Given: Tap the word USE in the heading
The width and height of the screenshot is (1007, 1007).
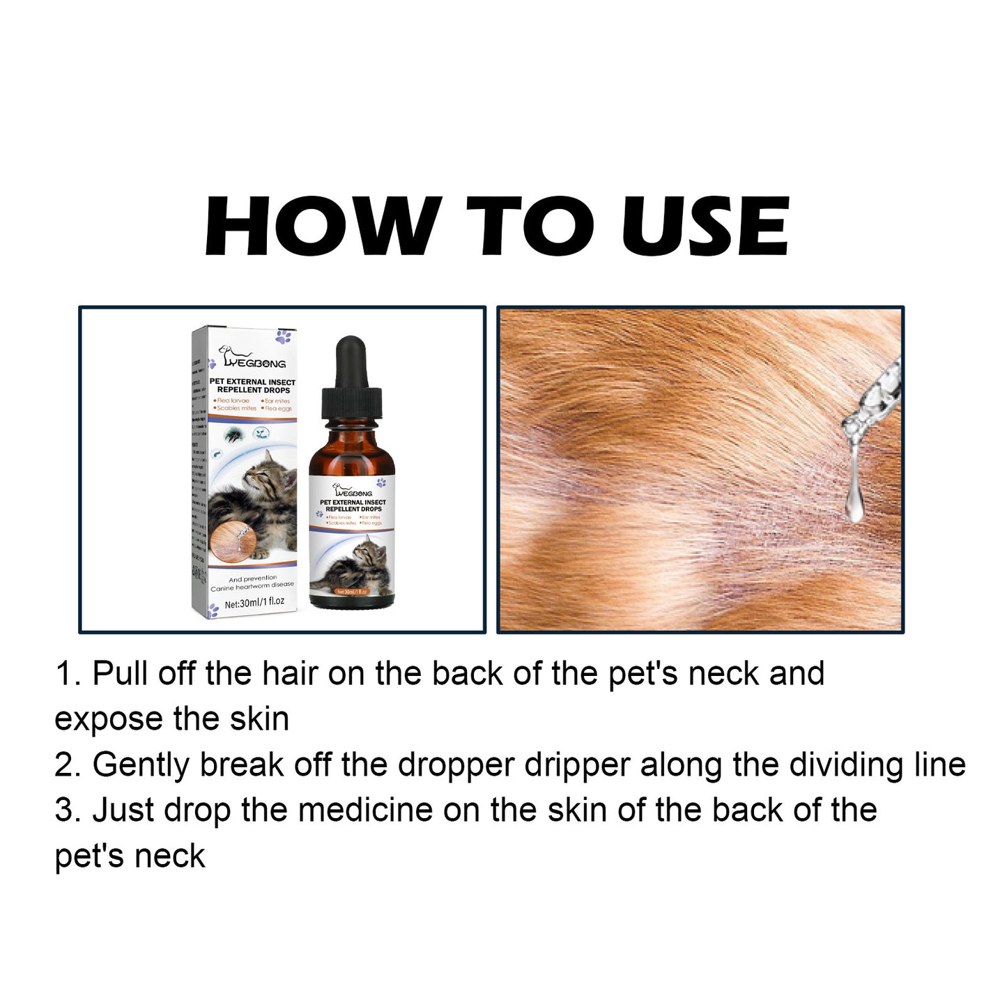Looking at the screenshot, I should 705,226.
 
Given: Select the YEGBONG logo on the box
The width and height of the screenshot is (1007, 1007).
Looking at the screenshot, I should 252,358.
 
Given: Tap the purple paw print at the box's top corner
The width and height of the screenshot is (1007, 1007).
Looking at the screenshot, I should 283,338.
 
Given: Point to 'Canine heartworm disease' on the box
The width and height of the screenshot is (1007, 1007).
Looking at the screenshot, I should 252,586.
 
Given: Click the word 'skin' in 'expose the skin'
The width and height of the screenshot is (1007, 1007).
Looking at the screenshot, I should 261,720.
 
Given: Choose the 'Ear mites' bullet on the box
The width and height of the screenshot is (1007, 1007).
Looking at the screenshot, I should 277,401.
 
